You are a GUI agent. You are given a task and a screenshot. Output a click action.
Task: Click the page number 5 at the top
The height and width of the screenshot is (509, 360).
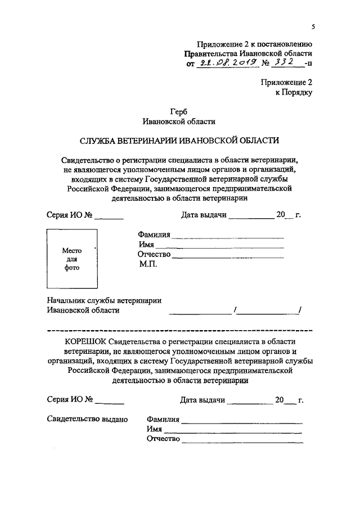[312, 26]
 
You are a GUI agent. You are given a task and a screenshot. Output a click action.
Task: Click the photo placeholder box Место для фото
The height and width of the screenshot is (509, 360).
[71, 259]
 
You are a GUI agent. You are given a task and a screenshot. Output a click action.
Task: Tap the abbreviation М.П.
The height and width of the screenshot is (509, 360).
[148, 264]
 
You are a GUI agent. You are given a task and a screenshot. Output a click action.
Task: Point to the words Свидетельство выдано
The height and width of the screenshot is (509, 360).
[87, 419]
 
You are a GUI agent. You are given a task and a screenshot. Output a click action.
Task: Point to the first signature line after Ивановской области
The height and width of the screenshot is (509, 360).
[200, 313]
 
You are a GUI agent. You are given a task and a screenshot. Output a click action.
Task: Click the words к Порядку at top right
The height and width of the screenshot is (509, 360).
[294, 92]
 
